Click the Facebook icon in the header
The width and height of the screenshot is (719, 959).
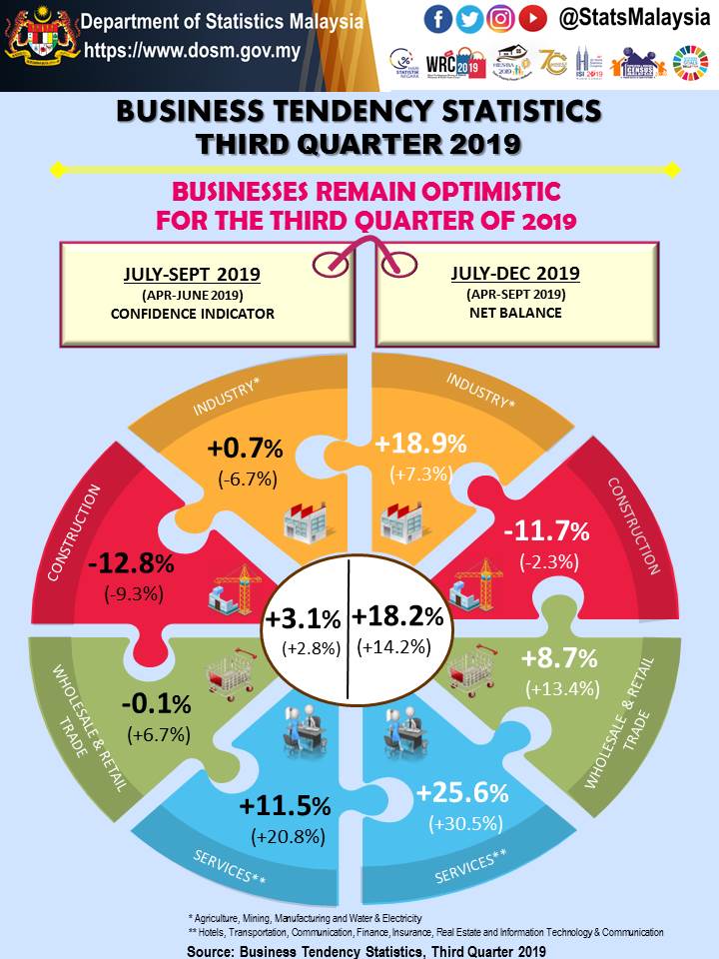coord(437,18)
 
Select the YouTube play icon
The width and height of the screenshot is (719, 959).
coord(533,18)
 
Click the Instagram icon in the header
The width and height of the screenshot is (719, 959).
coord(501,18)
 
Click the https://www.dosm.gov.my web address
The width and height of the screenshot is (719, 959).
coord(192,52)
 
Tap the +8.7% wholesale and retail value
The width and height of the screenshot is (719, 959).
coord(559,658)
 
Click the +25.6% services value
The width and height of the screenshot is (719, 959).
coord(462,794)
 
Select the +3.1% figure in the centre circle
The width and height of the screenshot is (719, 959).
coord(303,619)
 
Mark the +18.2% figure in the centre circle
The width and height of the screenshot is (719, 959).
coord(397,616)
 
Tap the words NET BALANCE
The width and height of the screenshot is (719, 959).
coord(515,313)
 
